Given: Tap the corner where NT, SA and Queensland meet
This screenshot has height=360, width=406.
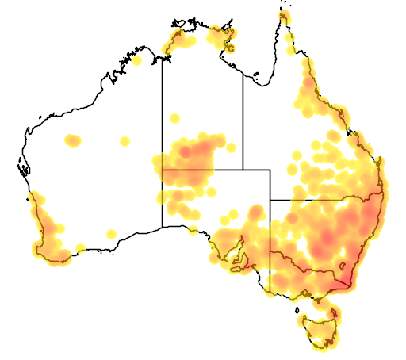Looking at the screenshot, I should [x=243, y=170].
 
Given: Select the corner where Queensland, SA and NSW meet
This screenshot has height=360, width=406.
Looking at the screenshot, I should [x=270, y=200].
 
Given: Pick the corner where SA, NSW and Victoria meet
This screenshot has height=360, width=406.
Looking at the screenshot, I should [x=270, y=252].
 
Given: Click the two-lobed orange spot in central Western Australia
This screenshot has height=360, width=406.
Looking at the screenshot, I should [x=74, y=141].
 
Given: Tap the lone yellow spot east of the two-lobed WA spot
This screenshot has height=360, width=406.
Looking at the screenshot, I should [x=124, y=142].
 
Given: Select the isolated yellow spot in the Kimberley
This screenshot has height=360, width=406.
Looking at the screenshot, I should [x=136, y=59].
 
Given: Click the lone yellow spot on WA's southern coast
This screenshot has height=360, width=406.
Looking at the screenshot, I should [x=111, y=233].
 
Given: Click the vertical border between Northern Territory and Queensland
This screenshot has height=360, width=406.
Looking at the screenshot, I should [x=243, y=119].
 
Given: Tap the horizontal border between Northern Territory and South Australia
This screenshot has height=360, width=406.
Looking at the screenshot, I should [x=202, y=170].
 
